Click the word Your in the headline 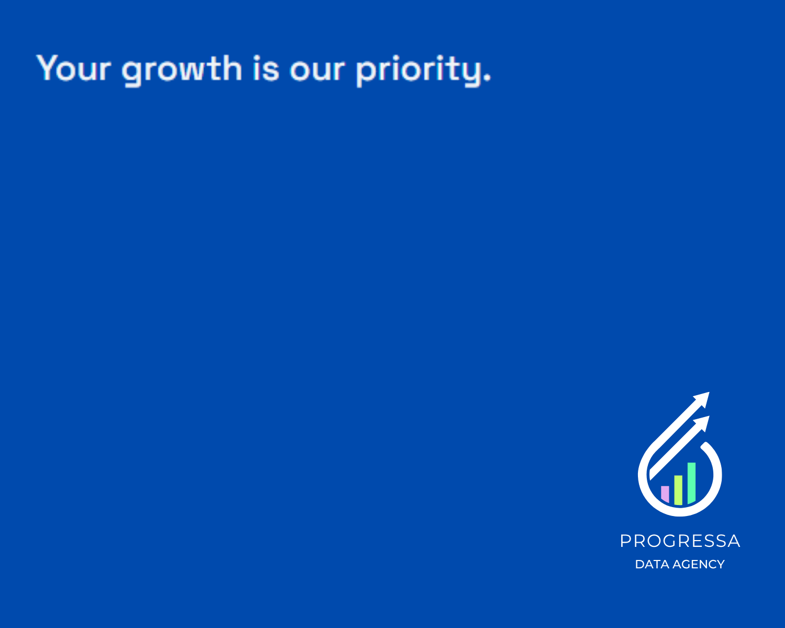73,68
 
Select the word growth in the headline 182,71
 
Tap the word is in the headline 266,68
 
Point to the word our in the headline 317,71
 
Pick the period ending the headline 487,77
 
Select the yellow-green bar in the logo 678,490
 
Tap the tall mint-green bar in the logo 691,483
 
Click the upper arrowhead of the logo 703,399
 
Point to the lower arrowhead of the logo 703,423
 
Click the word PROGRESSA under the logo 680,541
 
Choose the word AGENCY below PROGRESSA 699,564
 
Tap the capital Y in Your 47,67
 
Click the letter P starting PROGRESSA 625,541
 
